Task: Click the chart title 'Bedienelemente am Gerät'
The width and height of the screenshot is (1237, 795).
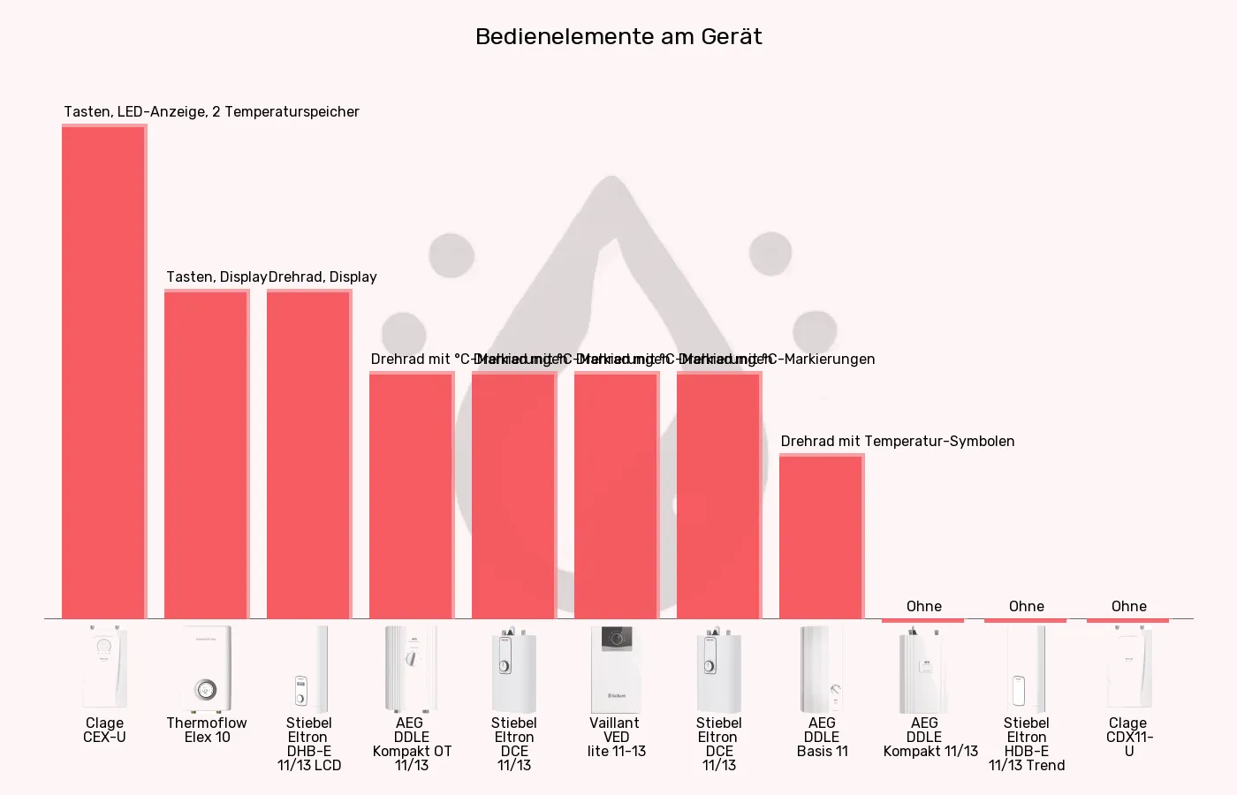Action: pyautogui.click(x=618, y=36)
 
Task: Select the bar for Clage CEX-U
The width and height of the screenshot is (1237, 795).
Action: pyautogui.click(x=104, y=372)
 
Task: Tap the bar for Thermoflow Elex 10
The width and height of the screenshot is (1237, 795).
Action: pyautogui.click(x=207, y=454)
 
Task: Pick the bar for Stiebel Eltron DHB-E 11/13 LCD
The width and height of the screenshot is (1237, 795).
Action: pyautogui.click(x=309, y=454)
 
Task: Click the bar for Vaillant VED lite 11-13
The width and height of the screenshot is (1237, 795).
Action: pyautogui.click(x=617, y=496)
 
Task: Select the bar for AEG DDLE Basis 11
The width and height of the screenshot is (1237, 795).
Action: pyautogui.click(x=822, y=536)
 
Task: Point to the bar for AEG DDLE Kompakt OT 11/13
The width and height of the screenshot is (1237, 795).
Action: pyautogui.click(x=412, y=496)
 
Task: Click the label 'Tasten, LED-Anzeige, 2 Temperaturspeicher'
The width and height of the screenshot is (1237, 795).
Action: pyautogui.click(x=211, y=111)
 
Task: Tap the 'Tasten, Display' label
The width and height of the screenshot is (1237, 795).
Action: pyautogui.click(x=216, y=276)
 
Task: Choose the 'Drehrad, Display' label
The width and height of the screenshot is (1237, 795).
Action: pyautogui.click(x=323, y=276)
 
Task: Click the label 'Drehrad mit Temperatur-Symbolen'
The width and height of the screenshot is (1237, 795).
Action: pyautogui.click(x=897, y=441)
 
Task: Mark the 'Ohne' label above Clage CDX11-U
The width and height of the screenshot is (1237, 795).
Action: pyautogui.click(x=1128, y=606)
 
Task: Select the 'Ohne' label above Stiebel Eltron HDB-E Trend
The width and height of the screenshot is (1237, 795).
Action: pyautogui.click(x=1026, y=606)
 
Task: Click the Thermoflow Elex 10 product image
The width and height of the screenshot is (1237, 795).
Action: pyautogui.click(x=207, y=669)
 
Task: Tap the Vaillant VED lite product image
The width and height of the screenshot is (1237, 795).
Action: pyautogui.click(x=617, y=669)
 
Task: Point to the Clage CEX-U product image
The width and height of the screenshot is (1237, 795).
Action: pyautogui.click(x=104, y=669)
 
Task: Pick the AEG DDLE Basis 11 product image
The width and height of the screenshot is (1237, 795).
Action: pyautogui.click(x=822, y=669)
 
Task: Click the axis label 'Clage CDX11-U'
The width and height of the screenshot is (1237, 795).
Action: pyautogui.click(x=1129, y=737)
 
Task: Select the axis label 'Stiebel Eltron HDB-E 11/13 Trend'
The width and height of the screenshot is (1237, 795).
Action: pyautogui.click(x=1026, y=744)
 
